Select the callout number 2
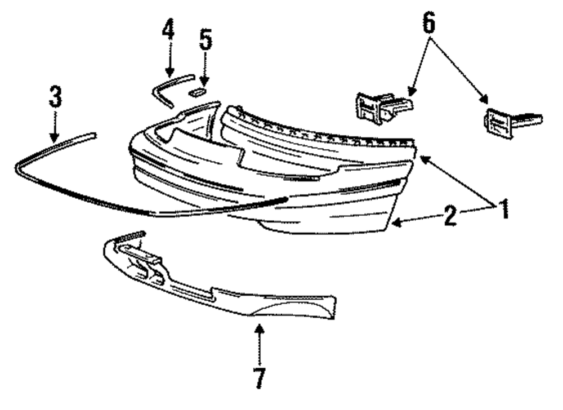coord(450,216)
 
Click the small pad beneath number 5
coord(198,92)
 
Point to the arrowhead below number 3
coord(54,137)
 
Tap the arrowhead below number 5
coord(204,83)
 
